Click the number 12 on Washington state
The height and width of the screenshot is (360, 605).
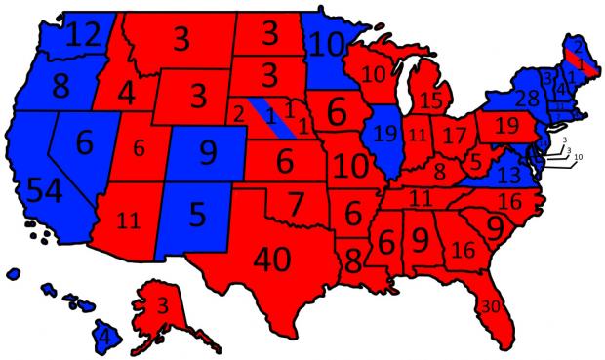[x=79, y=38]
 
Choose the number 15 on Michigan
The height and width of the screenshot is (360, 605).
[x=430, y=100]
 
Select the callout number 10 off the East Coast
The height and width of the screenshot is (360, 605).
[x=578, y=157]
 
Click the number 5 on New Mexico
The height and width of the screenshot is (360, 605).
[x=199, y=213]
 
